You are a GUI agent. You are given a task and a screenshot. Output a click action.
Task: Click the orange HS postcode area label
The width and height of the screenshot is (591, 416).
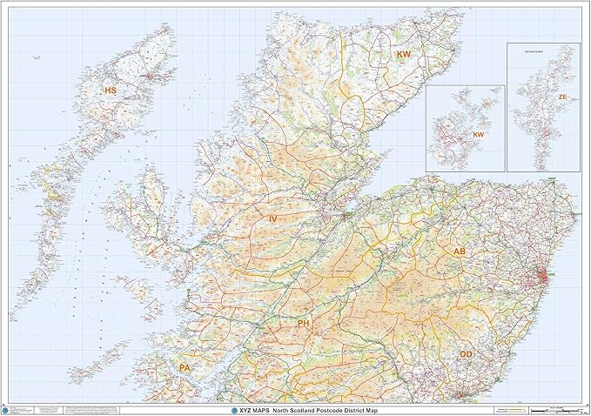click(110, 91)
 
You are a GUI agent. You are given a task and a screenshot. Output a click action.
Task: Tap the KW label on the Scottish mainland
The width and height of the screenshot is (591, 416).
click(403, 55)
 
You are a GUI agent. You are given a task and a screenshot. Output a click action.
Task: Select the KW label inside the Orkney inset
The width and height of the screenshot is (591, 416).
click(478, 136)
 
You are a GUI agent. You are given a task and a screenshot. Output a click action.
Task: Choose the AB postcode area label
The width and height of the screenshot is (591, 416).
click(460, 252)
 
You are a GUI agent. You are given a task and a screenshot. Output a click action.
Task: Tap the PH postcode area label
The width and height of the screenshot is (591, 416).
click(304, 324)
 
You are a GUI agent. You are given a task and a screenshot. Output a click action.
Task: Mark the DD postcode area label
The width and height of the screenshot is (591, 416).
click(467, 354)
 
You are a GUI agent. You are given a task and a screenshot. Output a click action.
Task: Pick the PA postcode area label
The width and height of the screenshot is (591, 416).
click(185, 369)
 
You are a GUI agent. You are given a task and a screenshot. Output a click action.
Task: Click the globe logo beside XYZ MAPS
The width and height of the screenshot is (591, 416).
click(231, 409)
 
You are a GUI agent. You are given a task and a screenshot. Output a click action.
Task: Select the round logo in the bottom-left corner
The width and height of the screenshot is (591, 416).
click(7, 409)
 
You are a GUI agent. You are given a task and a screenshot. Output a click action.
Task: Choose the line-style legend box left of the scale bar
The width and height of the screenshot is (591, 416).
click(502, 409)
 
